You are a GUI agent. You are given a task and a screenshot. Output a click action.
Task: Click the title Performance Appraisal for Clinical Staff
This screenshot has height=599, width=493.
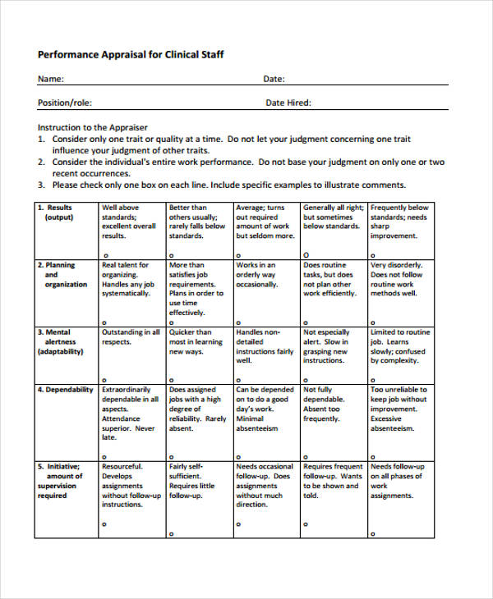click(131, 55)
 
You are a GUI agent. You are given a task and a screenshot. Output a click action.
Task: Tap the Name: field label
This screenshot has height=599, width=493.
click(51, 80)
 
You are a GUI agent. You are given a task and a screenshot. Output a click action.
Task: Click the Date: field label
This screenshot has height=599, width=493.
click(274, 80)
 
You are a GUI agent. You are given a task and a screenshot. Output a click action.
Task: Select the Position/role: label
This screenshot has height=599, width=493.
click(65, 103)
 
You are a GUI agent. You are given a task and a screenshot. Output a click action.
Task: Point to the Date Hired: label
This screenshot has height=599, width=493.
click(288, 103)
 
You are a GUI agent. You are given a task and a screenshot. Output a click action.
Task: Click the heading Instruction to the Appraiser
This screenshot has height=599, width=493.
click(93, 127)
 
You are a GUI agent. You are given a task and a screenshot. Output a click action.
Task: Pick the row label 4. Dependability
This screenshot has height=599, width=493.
click(66, 390)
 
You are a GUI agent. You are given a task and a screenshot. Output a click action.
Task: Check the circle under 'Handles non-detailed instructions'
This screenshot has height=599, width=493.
click(238, 380)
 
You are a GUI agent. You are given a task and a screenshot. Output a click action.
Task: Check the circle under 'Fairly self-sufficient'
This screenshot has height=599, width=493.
click(171, 533)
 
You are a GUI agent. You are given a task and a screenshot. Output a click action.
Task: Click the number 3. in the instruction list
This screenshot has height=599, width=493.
click(41, 185)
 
